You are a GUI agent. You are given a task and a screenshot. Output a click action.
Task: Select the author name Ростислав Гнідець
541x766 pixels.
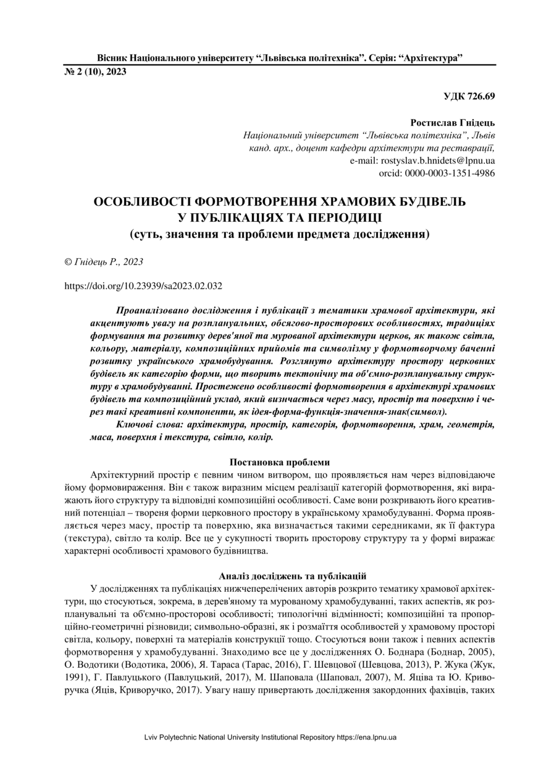pyautogui.click(x=453, y=123)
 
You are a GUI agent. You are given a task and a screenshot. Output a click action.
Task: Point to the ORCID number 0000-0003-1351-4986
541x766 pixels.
pyautogui.click(x=450, y=173)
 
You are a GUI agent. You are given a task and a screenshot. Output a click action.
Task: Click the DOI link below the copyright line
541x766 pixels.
pyautogui.click(x=143, y=286)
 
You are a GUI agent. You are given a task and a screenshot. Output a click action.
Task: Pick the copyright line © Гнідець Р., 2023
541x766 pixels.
pyautogui.click(x=104, y=262)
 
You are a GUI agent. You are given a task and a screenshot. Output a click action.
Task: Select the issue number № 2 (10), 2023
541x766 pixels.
pyautogui.click(x=95, y=72)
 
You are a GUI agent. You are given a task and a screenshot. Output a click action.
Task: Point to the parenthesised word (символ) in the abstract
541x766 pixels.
pyautogui.click(x=427, y=411)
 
